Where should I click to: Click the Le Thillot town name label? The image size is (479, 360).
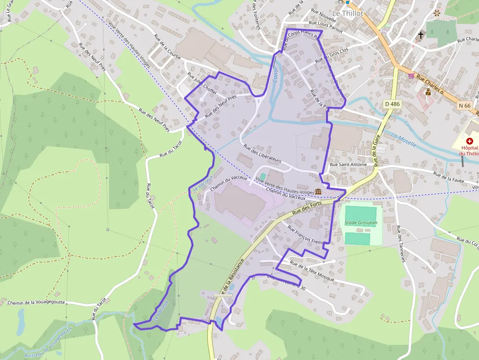(x=348, y=13)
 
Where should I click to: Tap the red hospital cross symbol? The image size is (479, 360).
(x=469, y=141)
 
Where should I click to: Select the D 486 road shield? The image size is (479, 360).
(x=392, y=104)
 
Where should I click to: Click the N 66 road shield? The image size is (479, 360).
(x=465, y=105)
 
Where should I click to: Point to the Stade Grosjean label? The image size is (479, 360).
(x=361, y=223)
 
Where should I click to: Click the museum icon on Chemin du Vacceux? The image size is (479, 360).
(x=318, y=191)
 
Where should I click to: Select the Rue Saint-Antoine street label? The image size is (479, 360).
(x=348, y=165)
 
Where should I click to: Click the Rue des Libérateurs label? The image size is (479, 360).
(x=262, y=153)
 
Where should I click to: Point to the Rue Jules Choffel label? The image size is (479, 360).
(x=202, y=85)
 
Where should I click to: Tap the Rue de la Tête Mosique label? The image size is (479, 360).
(x=312, y=271)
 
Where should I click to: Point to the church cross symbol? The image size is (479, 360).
(x=421, y=35)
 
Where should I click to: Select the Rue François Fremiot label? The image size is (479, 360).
(x=306, y=235)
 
